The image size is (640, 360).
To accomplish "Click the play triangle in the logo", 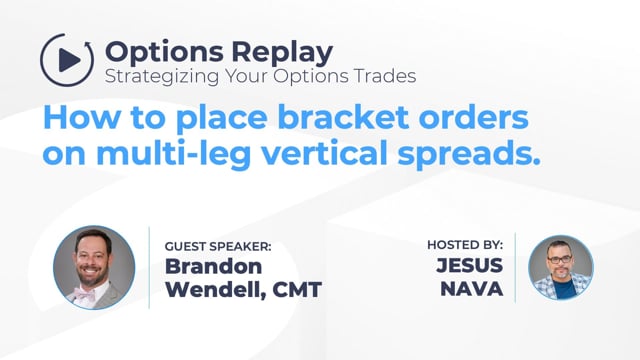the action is click(69, 60).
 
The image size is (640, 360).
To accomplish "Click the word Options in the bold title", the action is click(164, 53).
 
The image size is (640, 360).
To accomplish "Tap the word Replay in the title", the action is click(282, 53).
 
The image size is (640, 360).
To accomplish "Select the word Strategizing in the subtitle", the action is click(162, 77).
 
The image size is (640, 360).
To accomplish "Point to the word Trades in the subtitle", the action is click(385, 76).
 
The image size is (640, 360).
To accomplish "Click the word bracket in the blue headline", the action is click(344, 118).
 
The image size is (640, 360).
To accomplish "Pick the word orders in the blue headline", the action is click(474, 118).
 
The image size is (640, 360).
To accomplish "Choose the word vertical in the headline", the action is click(324, 153).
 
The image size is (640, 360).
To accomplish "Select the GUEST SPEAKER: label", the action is click(218, 247).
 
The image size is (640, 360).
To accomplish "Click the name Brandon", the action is click(213, 267).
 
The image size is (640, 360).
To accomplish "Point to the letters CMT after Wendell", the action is click(297, 290).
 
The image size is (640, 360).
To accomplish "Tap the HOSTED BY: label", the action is click(465, 245).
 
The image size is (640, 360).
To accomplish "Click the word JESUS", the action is click(469, 265).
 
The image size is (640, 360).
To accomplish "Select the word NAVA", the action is click(472, 289).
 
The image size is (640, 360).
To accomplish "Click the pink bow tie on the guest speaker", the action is click(84, 294).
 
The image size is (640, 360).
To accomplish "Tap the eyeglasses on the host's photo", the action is click(560, 259).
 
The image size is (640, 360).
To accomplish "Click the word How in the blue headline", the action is click(82, 118).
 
